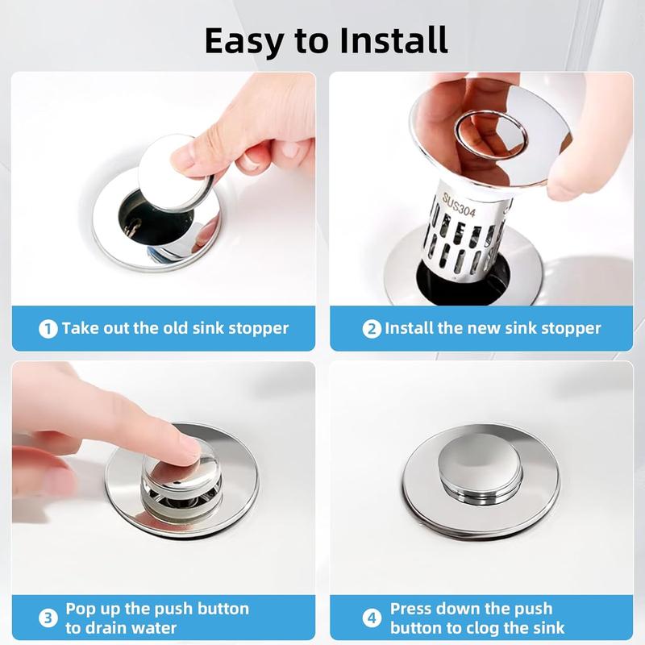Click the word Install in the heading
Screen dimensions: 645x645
point(393,40)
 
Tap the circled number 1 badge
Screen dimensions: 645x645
point(48,329)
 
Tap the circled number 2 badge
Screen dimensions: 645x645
point(372,329)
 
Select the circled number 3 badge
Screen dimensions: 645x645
point(48,618)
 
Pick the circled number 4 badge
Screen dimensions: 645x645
point(372,618)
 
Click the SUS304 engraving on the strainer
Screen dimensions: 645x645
point(459,205)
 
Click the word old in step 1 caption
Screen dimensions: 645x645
point(176,328)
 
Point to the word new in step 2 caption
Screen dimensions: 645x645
point(481,328)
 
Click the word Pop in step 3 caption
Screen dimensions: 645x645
point(82,610)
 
